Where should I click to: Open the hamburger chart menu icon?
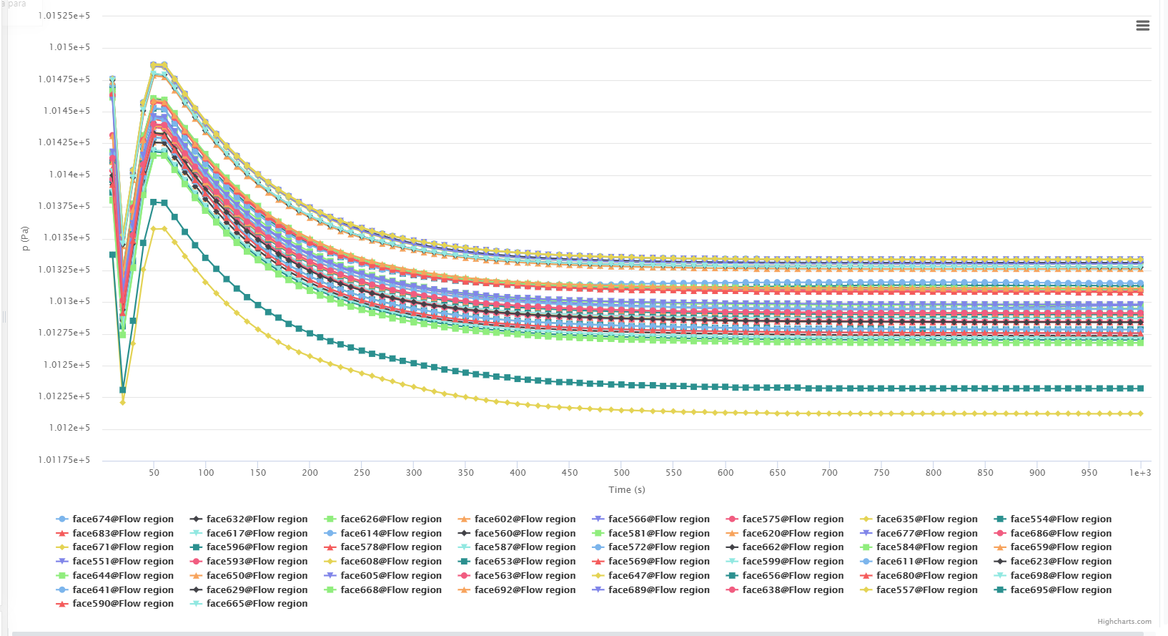pyautogui.click(x=1142, y=26)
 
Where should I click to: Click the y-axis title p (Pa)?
pyautogui.click(x=25, y=238)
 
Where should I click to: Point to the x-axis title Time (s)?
pyautogui.click(x=627, y=490)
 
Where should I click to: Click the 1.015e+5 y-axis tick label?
pyautogui.click(x=69, y=47)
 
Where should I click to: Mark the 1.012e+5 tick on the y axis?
pyautogui.click(x=69, y=428)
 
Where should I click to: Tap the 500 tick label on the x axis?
pyautogui.click(x=622, y=473)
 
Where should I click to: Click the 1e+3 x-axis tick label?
pyautogui.click(x=1140, y=473)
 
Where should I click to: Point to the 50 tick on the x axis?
pyautogui.click(x=154, y=473)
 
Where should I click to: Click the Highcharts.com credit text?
pyautogui.click(x=1124, y=622)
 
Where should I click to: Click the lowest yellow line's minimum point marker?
pyautogui.click(x=123, y=402)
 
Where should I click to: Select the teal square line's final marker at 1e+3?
pyautogui.click(x=1141, y=388)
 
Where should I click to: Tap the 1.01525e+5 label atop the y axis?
pyautogui.click(x=64, y=16)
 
